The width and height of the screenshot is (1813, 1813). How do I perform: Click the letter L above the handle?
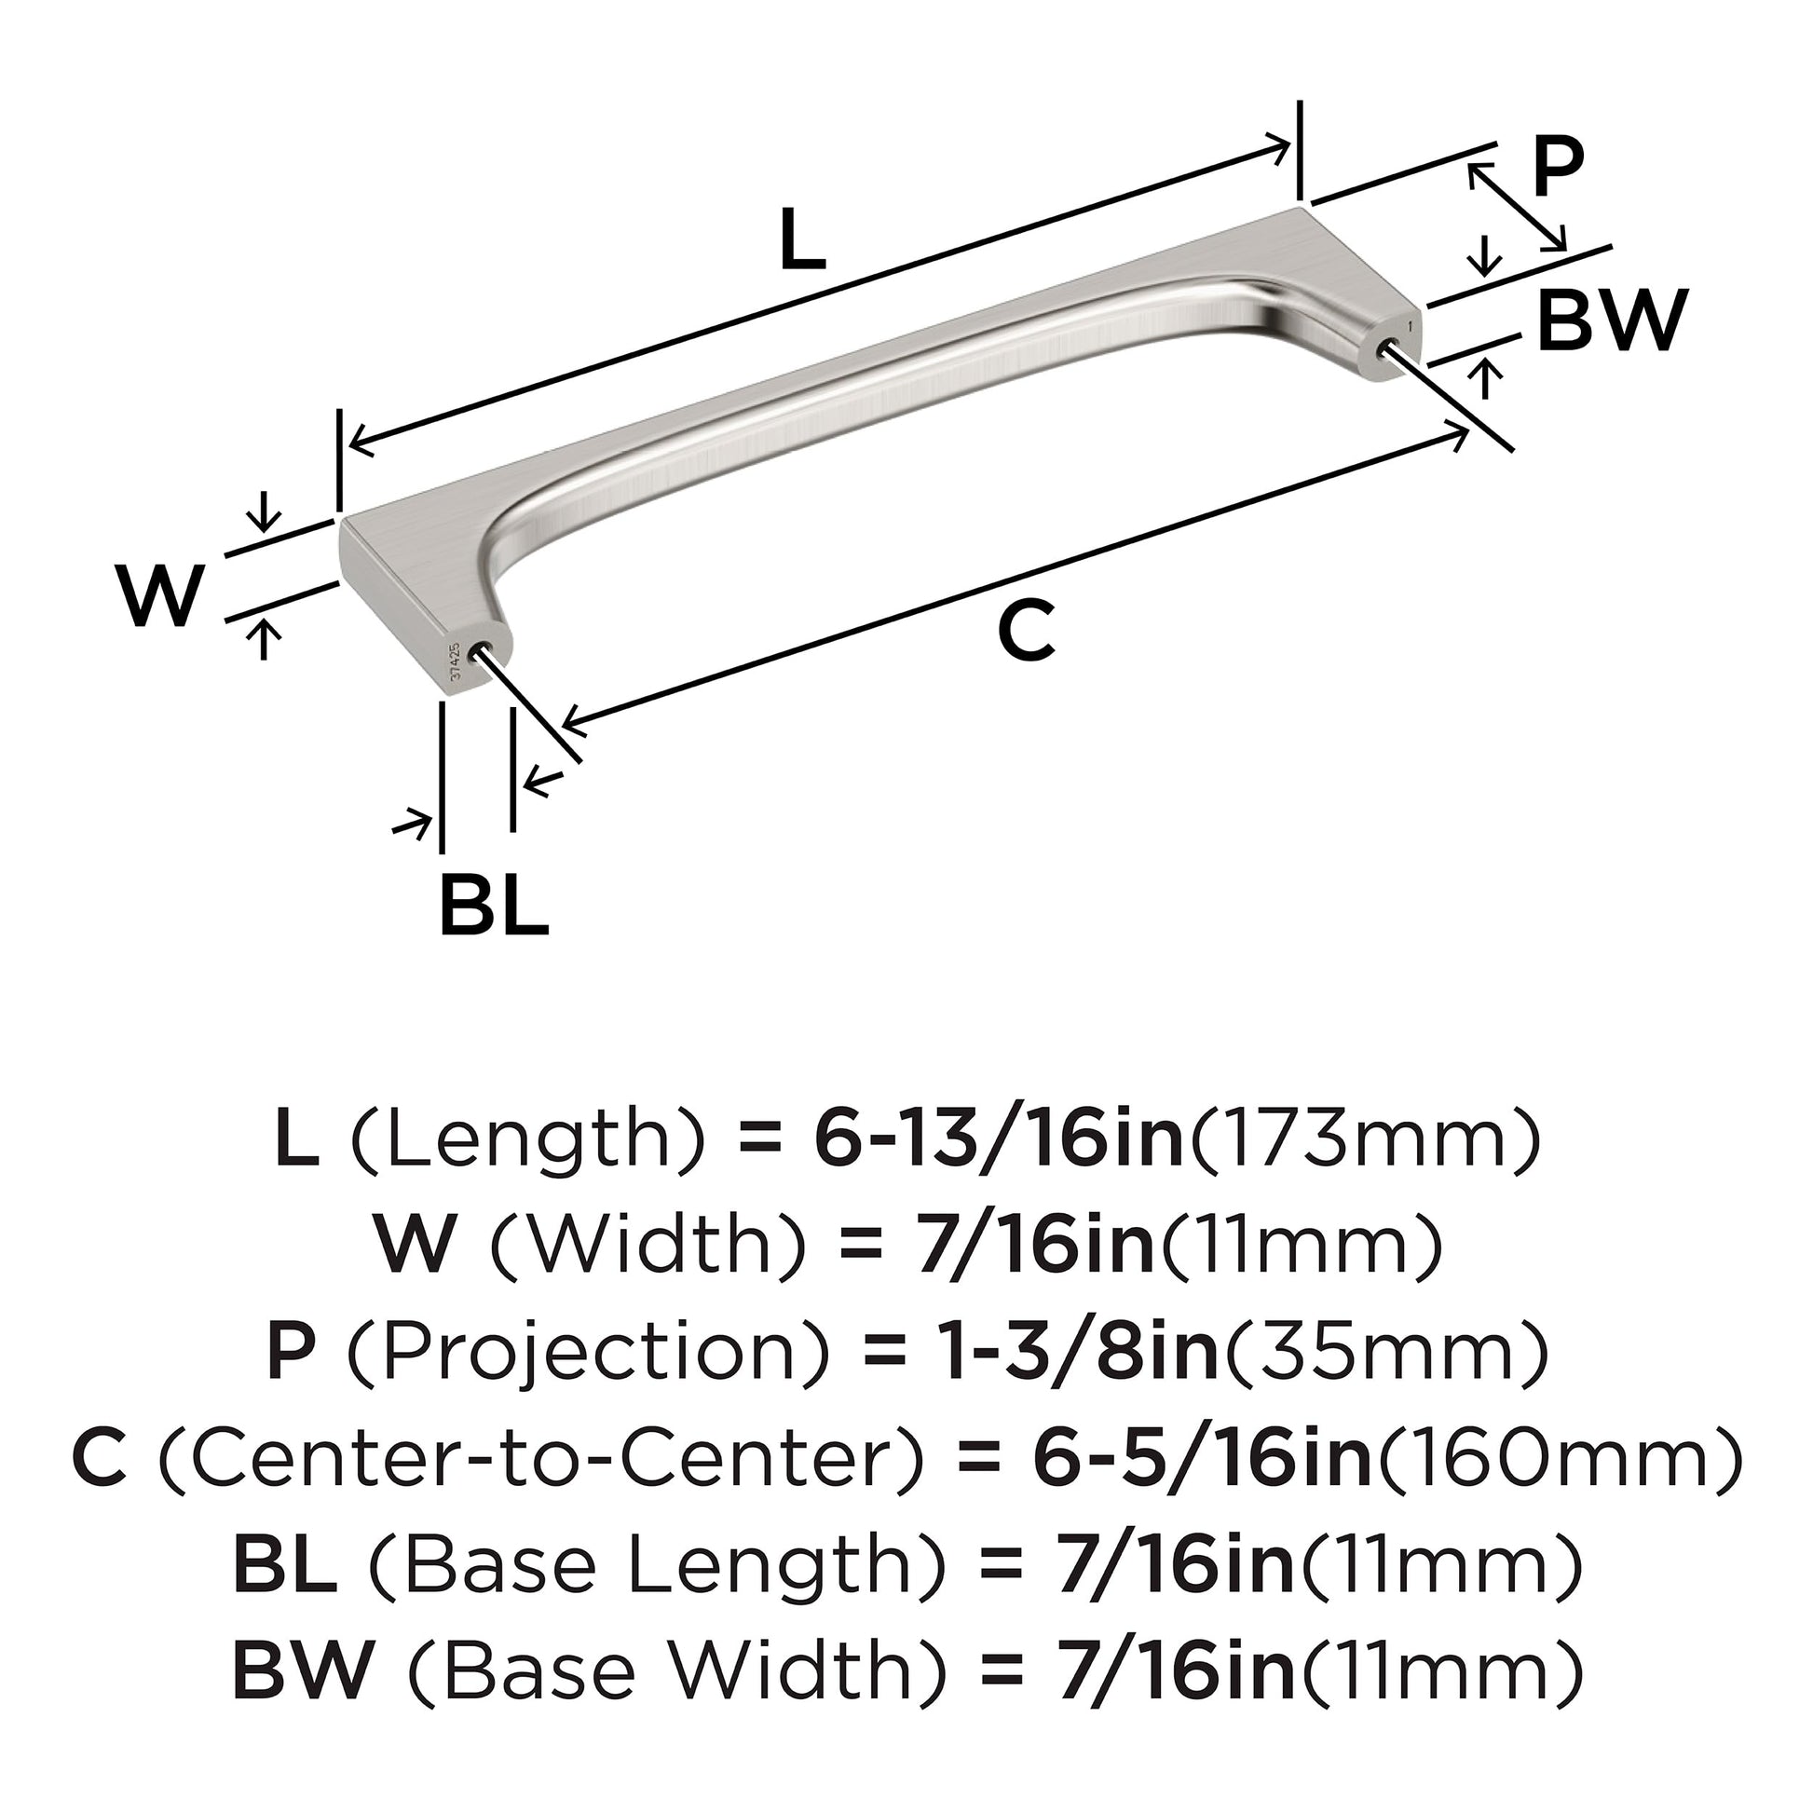pyautogui.click(x=802, y=241)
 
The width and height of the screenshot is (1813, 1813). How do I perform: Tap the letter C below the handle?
pyautogui.click(x=1027, y=631)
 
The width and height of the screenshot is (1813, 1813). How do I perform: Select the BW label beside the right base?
pyautogui.click(x=1612, y=321)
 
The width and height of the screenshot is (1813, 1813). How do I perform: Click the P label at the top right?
pyautogui.click(x=1558, y=167)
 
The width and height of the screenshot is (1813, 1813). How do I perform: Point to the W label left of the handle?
pyautogui.click(x=160, y=597)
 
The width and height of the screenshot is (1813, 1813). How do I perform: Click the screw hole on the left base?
pyautogui.click(x=486, y=650)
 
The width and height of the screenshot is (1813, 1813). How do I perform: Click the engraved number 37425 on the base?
pyautogui.click(x=456, y=661)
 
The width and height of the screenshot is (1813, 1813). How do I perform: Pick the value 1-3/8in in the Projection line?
pyautogui.click(x=1079, y=1352)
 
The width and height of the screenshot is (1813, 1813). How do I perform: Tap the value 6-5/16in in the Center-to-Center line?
pyautogui.click(x=1203, y=1459)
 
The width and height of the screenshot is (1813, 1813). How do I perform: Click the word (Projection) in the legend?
pyautogui.click(x=590, y=1352)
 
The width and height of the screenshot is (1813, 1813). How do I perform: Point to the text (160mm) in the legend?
pyautogui.click(x=1558, y=1459)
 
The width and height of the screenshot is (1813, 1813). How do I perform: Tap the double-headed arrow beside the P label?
pyautogui.click(x=1518, y=208)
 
